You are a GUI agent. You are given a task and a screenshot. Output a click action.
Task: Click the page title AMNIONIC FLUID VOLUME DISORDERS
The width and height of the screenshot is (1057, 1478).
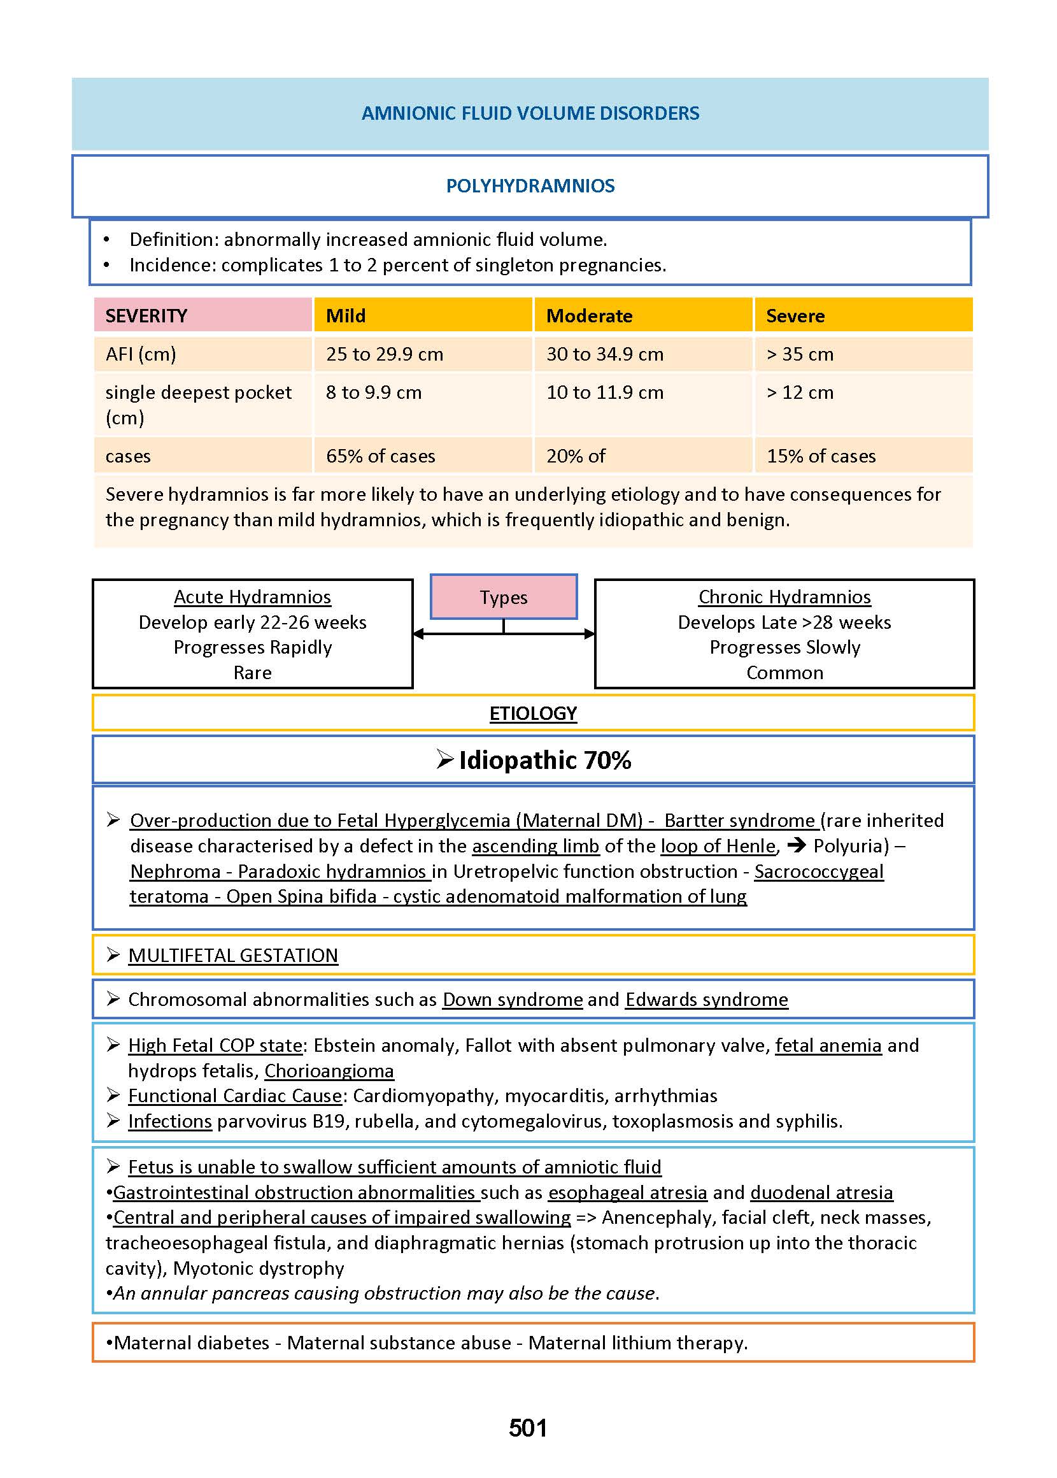coord(530,113)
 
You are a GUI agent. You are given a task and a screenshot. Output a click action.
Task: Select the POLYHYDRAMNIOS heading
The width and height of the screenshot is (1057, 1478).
coord(530,186)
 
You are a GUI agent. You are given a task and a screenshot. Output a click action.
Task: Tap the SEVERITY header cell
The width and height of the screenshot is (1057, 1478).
coord(146,316)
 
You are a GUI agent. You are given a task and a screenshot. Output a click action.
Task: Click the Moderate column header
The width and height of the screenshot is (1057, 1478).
coord(589,316)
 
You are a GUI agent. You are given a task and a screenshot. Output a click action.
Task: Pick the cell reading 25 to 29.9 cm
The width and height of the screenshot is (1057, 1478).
coord(384,354)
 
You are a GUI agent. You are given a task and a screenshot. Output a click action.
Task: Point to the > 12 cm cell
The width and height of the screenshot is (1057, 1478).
coord(800,392)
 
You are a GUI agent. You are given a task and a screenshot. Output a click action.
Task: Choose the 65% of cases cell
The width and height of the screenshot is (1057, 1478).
coord(380,456)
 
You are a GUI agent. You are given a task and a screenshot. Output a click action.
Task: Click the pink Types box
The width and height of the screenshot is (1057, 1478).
coord(503,597)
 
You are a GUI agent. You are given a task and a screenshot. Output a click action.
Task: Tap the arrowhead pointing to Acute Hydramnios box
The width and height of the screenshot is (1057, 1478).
coord(418,633)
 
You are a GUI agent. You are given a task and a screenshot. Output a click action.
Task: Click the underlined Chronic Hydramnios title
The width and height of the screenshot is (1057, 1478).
coord(784,597)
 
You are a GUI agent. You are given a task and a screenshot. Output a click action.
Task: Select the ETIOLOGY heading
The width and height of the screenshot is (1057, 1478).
coord(533,714)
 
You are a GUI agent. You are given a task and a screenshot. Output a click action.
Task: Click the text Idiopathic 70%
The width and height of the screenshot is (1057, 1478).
coord(544,761)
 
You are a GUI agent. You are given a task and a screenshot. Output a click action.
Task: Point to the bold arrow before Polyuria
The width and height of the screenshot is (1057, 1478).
coord(796,846)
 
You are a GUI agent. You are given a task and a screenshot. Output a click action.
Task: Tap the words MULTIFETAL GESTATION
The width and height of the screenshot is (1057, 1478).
coord(233,955)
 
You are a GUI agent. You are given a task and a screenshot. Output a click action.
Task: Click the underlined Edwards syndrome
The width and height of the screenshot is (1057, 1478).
coord(706,1000)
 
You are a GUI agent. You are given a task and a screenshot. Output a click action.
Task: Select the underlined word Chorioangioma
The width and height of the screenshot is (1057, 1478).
coord(329,1071)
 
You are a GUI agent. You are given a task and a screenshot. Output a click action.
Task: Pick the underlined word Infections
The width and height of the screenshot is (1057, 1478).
coord(170,1121)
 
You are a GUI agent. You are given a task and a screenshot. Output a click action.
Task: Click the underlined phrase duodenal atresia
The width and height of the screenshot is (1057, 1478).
coord(821,1192)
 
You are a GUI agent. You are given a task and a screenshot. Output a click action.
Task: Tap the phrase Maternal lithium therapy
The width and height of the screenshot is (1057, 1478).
coord(638,1342)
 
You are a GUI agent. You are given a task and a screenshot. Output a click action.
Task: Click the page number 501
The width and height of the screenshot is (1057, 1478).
coord(528,1428)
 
